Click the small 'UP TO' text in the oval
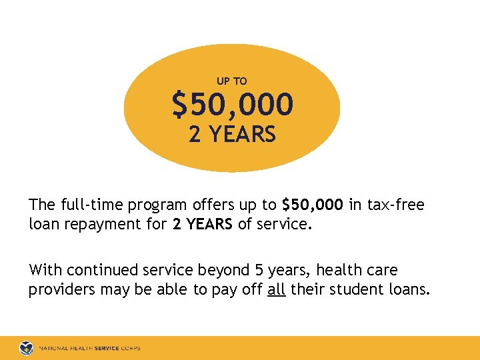232,81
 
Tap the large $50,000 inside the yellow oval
232,105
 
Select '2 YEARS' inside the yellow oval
232,135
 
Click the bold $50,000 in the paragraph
313,205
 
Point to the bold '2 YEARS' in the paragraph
202,225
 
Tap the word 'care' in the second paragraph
378,270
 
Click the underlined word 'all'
276,290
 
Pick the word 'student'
353,290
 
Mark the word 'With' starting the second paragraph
45,270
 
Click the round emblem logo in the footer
26,348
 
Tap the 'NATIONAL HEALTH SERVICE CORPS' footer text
89,348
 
